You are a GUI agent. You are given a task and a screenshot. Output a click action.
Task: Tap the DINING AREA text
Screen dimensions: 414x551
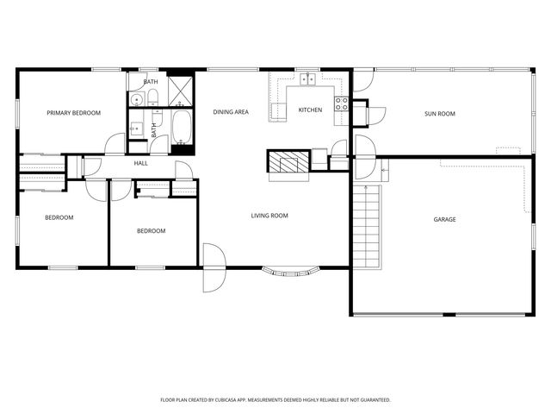(x=231, y=113)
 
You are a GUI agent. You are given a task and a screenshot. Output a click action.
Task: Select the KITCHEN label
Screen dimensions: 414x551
(x=310, y=110)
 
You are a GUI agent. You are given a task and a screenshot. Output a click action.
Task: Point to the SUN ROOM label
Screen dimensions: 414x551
(x=439, y=114)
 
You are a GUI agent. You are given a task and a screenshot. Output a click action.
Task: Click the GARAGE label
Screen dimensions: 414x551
(x=444, y=219)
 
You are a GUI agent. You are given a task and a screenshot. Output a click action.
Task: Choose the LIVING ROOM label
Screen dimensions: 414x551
(x=269, y=216)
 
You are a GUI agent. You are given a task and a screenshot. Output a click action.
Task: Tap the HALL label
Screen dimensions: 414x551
(x=140, y=162)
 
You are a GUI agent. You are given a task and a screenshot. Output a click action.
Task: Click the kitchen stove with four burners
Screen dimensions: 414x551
(x=341, y=104)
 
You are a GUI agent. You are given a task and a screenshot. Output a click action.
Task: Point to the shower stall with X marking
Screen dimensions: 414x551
(x=181, y=90)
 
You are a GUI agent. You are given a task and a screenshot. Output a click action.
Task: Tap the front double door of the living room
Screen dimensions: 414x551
(x=212, y=267)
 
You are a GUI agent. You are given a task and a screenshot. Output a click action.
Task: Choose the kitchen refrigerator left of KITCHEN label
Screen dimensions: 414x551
(x=278, y=110)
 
